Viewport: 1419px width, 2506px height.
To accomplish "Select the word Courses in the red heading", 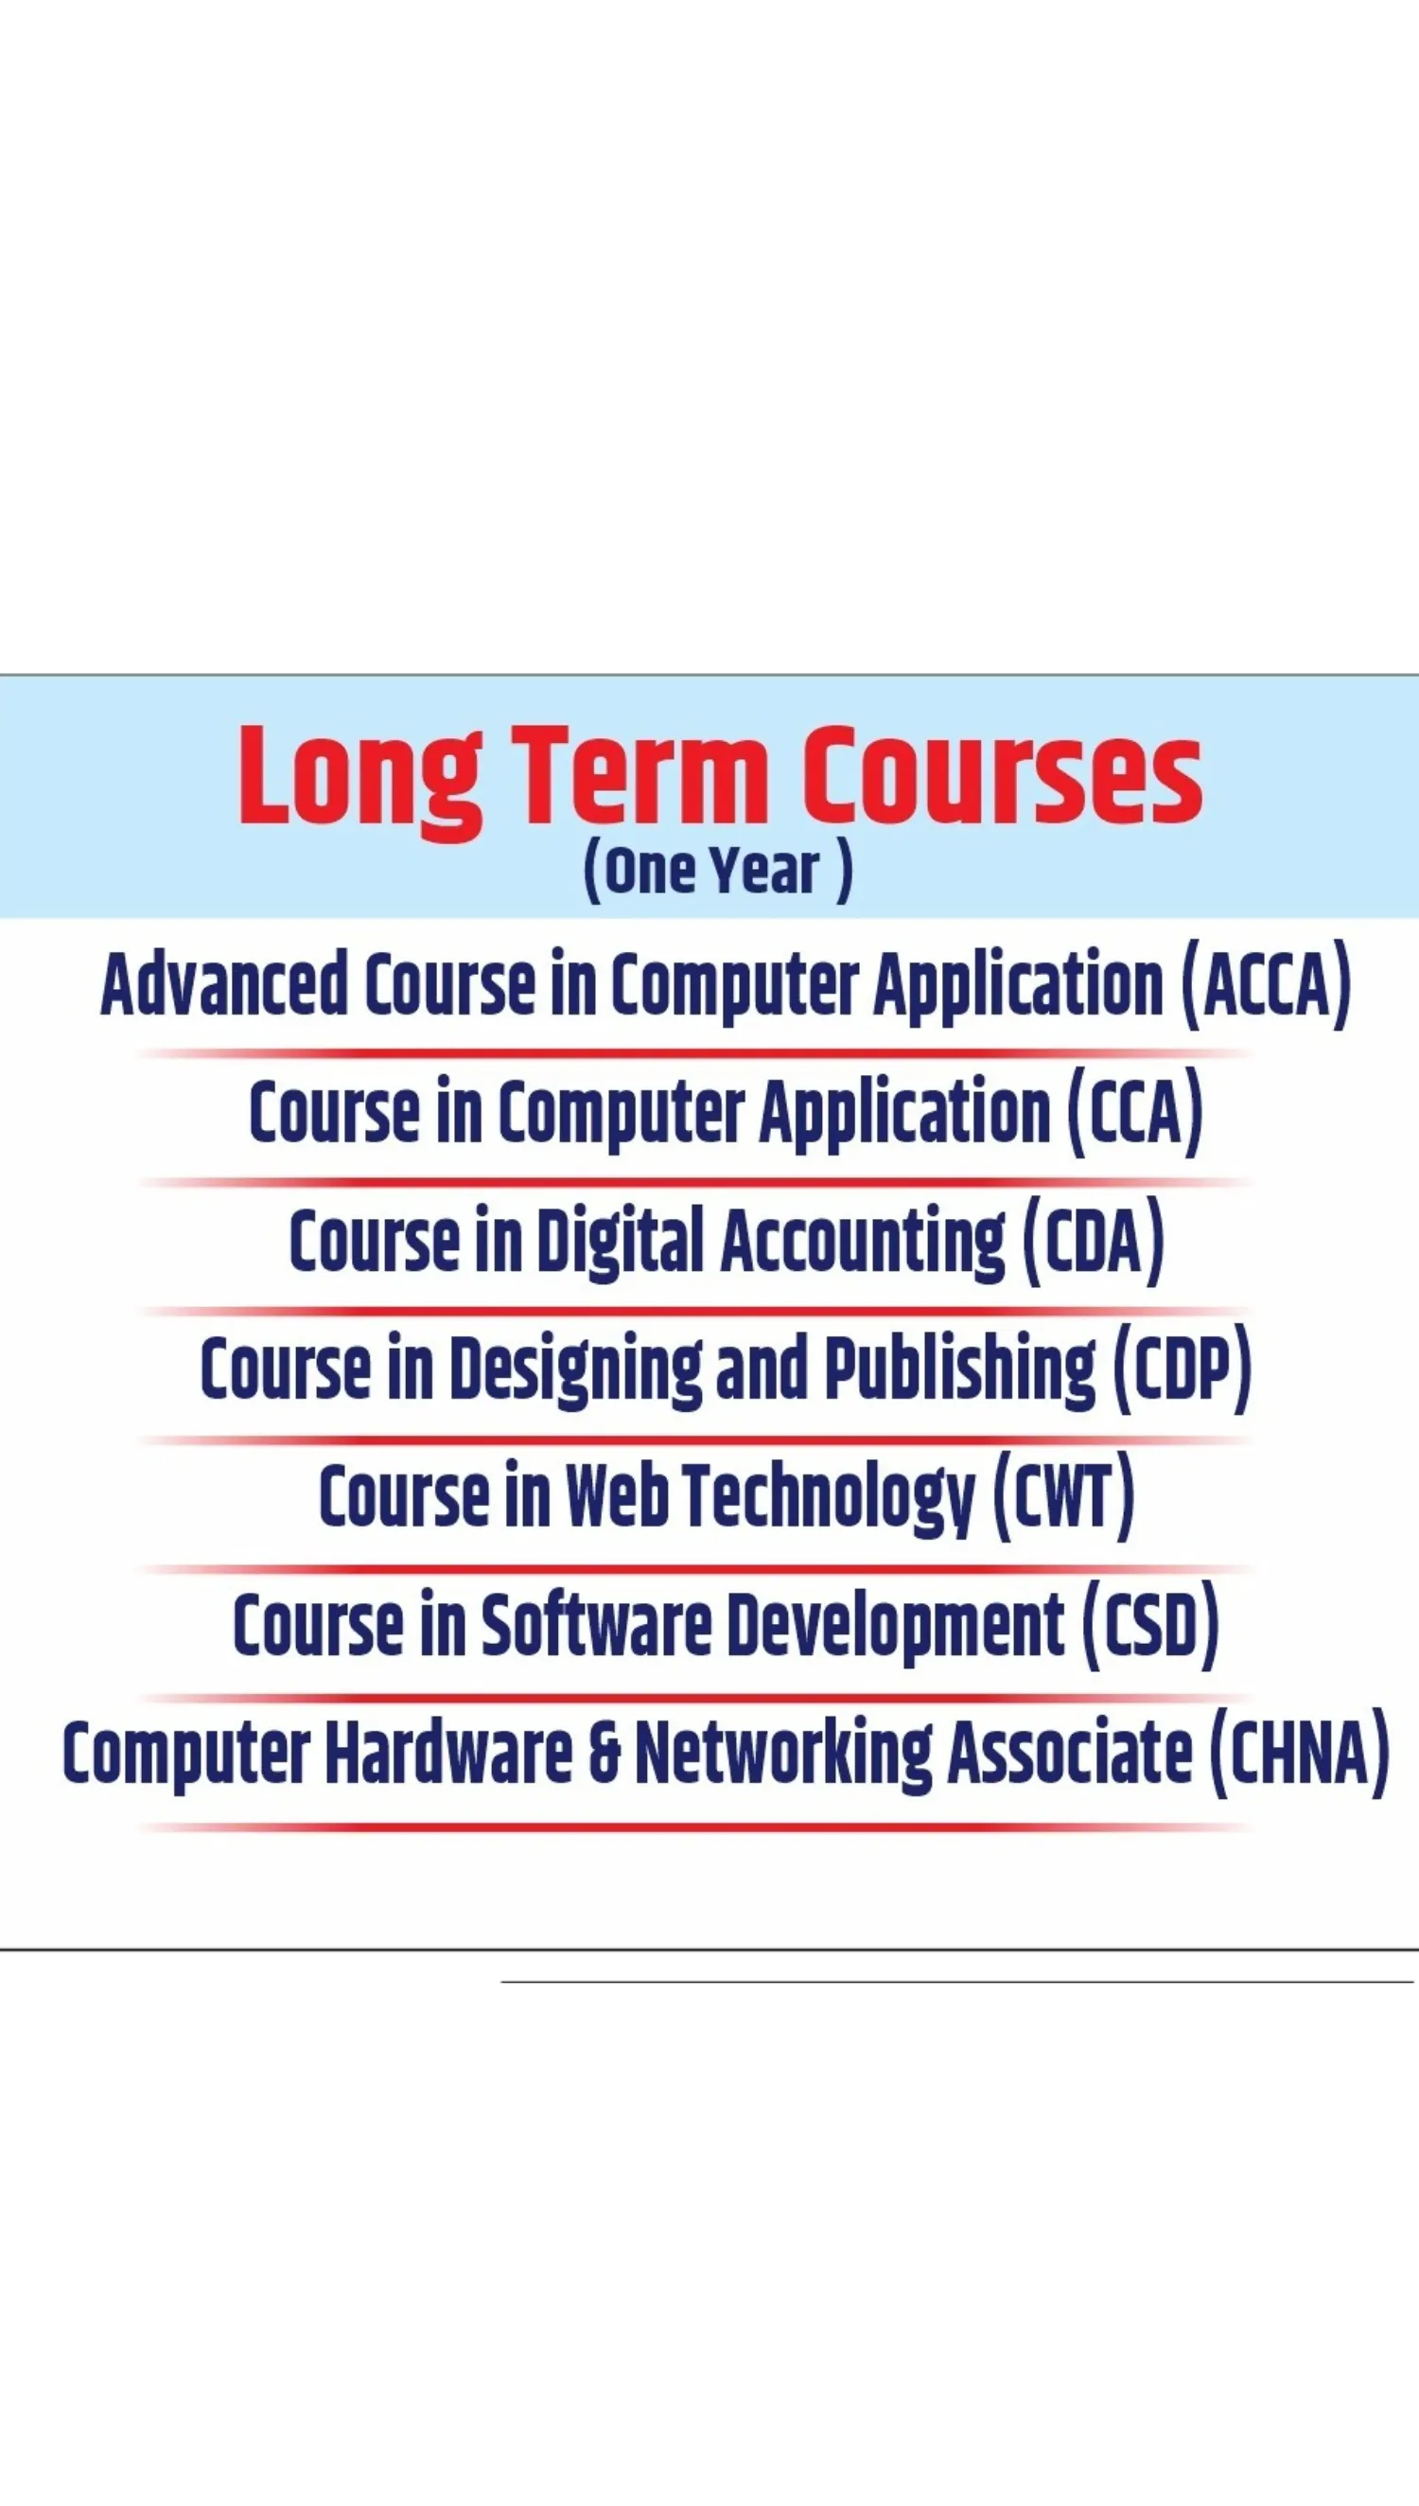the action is tap(1003, 775).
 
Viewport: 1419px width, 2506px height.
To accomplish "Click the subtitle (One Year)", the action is tap(717, 871).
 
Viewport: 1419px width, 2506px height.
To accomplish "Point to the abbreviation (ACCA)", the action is tap(1266, 984).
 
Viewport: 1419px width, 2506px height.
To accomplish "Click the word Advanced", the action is tap(224, 983).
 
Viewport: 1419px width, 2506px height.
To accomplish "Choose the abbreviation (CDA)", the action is tap(1093, 1242).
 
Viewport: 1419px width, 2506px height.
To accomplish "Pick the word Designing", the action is tap(575, 1370).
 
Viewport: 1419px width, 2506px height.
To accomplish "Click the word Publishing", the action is tap(960, 1370).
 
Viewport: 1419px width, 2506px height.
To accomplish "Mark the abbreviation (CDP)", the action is tap(1182, 1369).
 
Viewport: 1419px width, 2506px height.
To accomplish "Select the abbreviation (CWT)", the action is tap(1063, 1498).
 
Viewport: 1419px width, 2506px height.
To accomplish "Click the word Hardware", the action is tap(448, 1754).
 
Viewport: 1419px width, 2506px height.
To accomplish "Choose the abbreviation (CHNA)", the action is tap(1298, 1755).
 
